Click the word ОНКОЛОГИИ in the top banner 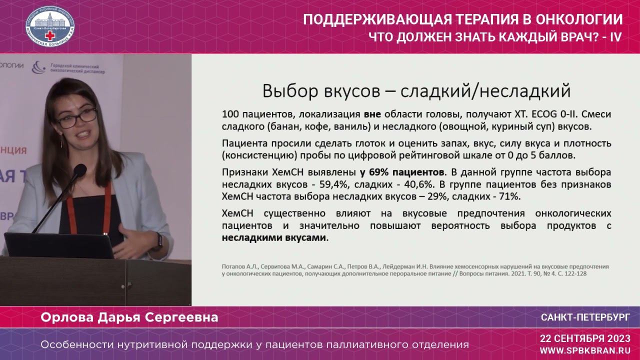pos(579,20)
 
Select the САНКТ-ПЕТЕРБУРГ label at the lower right pos(585,317)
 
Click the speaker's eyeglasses pos(77,117)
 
